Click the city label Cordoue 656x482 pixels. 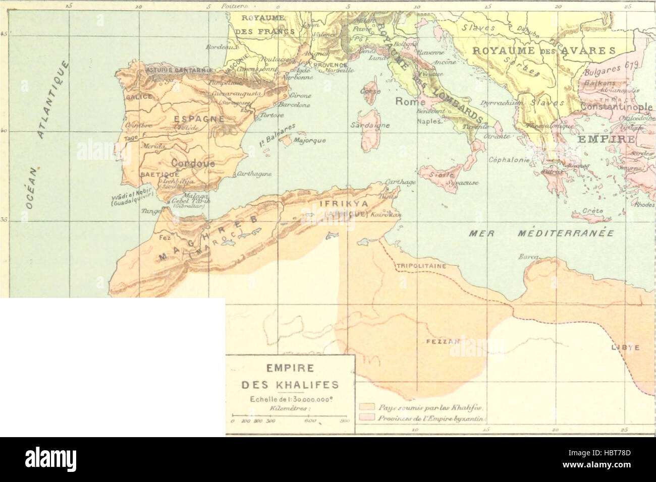[x=193, y=164]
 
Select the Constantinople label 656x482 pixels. [x=617, y=107]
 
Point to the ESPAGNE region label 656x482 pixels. [x=192, y=119]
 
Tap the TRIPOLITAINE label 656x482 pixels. [x=415, y=265]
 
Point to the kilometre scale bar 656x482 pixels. [x=290, y=414]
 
